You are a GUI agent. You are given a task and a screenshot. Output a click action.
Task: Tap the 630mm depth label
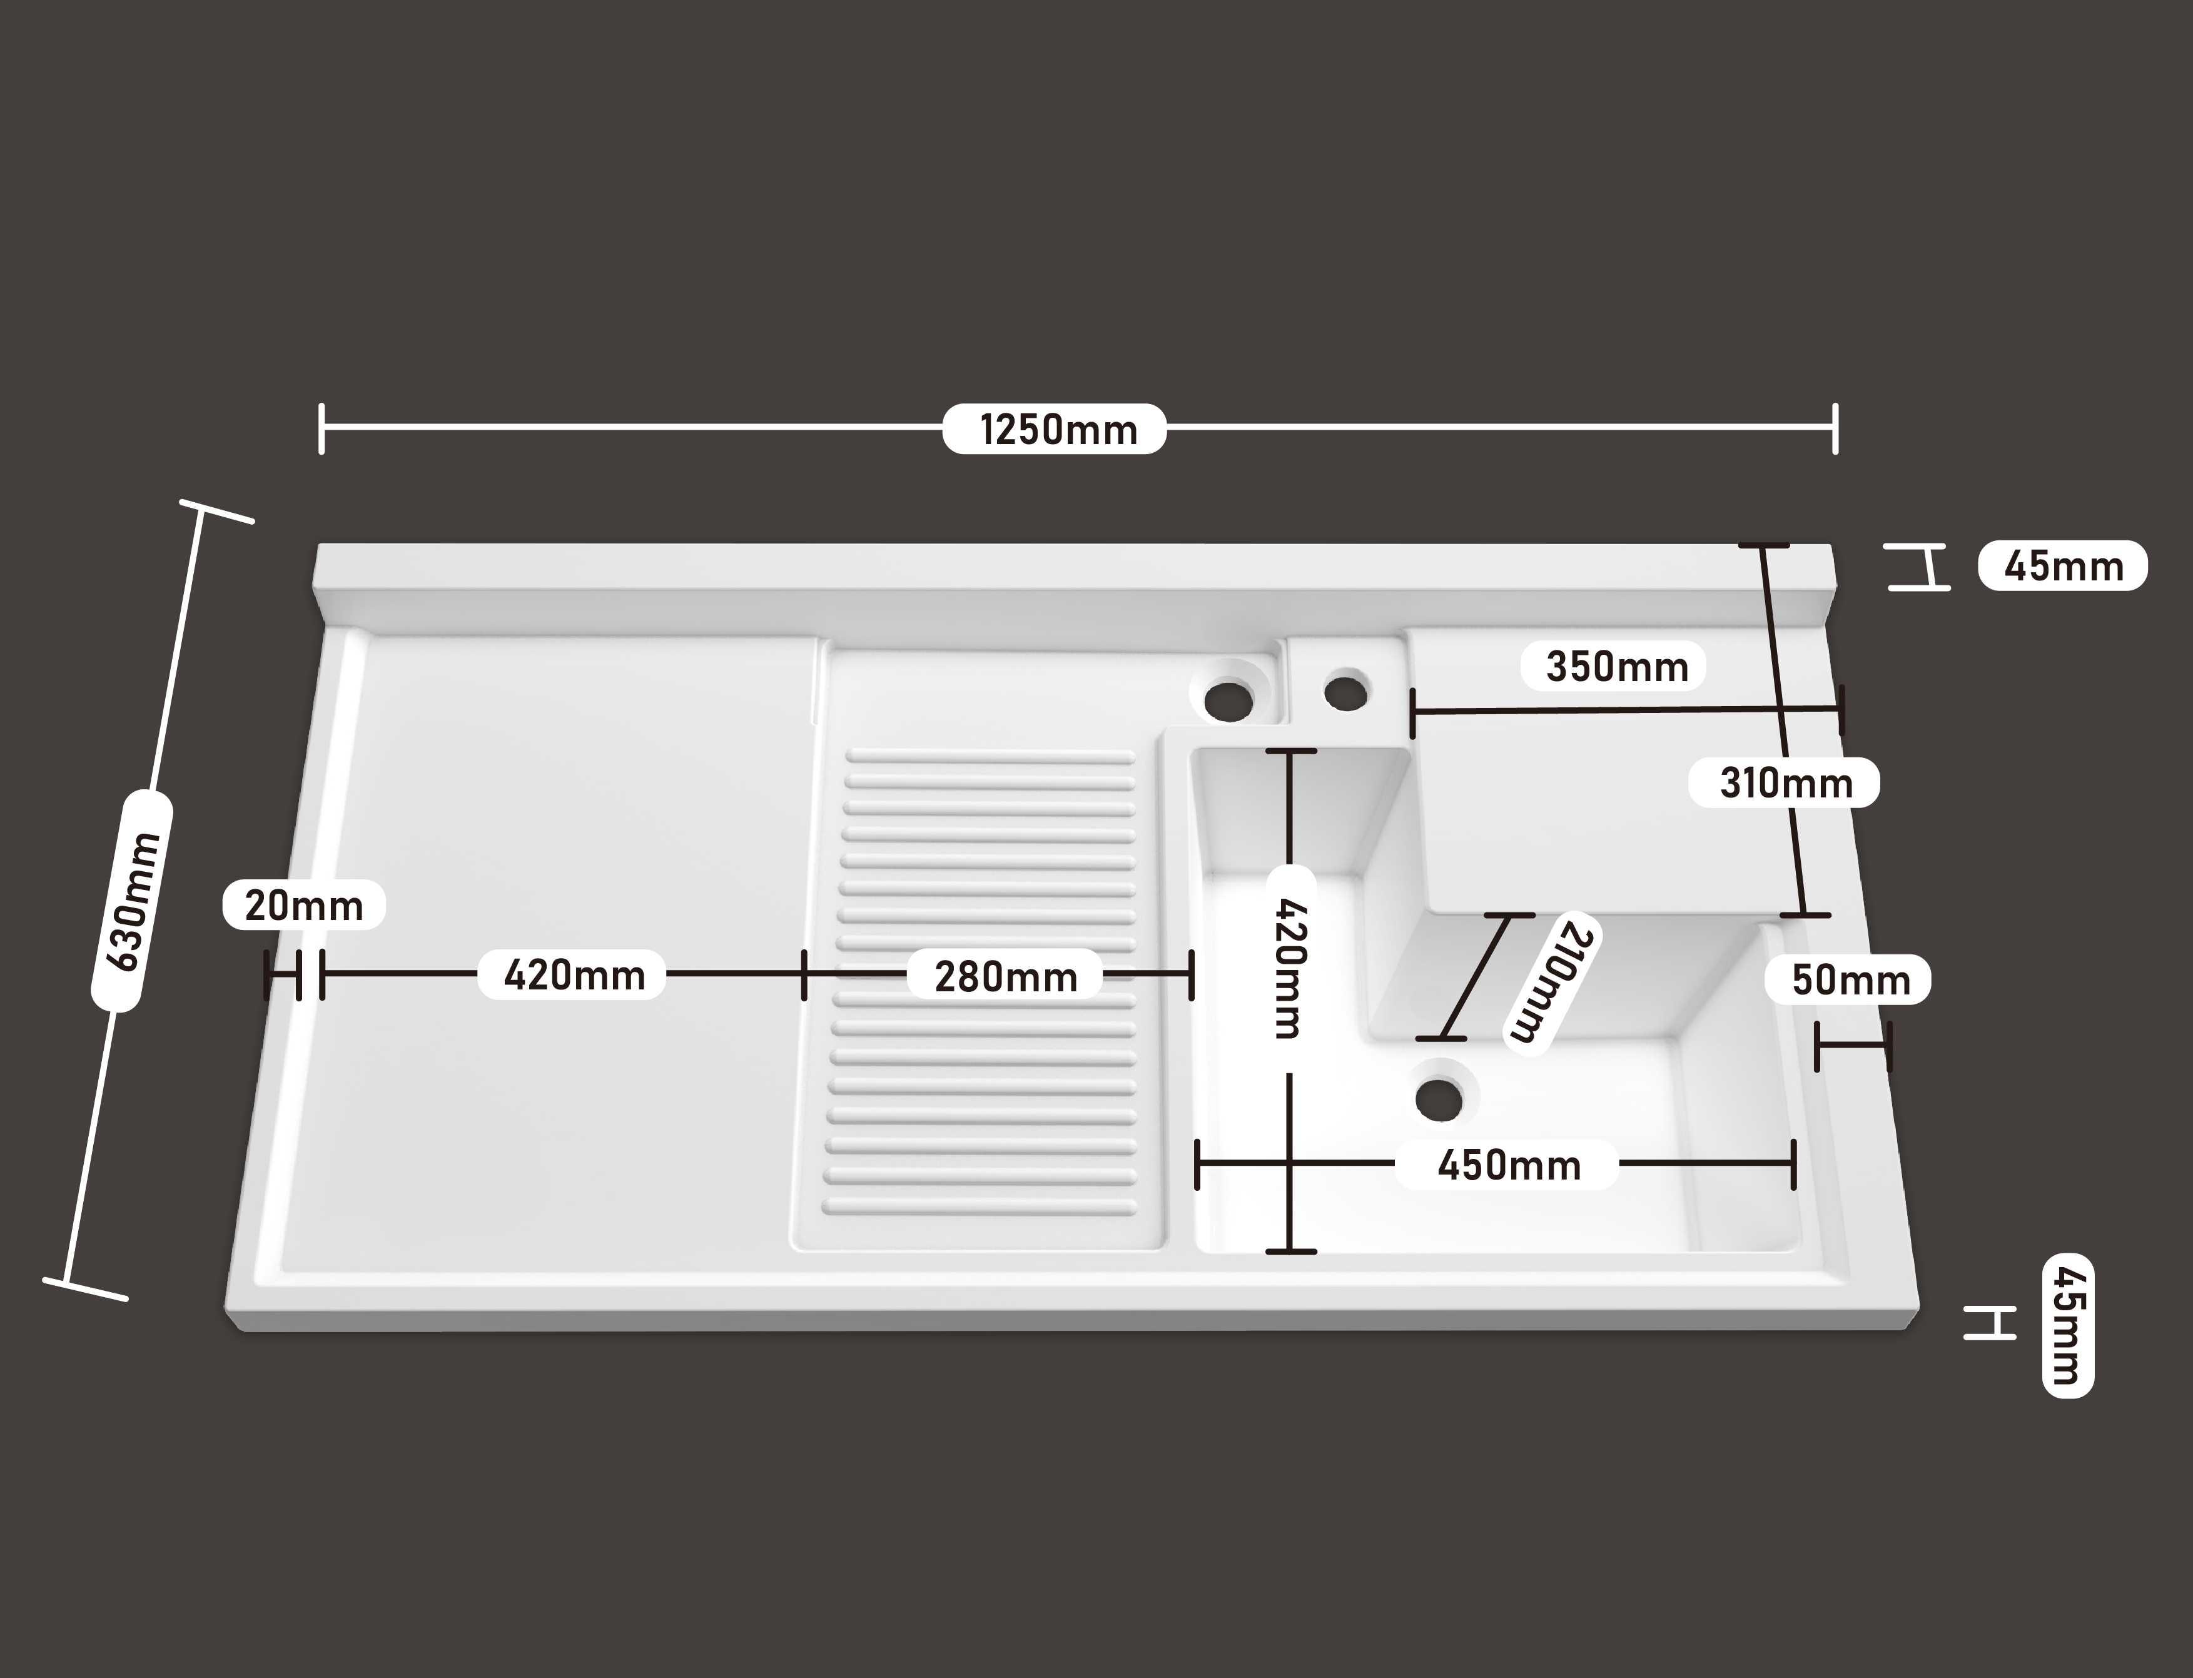(x=132, y=902)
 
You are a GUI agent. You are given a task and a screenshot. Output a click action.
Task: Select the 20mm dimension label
(x=304, y=906)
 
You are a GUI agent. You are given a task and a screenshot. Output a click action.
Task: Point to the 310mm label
(x=1785, y=783)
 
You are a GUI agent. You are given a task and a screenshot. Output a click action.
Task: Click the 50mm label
(x=1848, y=980)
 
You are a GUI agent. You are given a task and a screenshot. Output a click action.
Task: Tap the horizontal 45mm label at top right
(x=2063, y=567)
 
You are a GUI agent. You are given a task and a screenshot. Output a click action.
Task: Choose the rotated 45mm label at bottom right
(x=2067, y=1325)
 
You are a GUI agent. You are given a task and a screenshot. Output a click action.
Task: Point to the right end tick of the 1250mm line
(x=1835, y=428)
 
